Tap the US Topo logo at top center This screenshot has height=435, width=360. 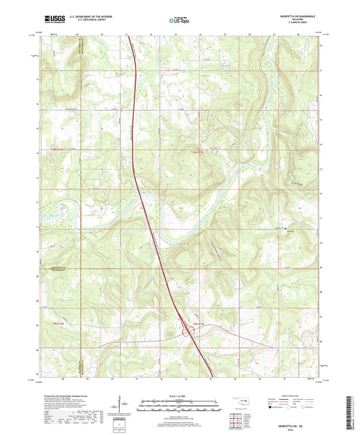point(178,21)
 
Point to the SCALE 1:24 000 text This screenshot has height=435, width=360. point(180,396)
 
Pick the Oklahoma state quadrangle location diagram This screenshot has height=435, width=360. point(240,403)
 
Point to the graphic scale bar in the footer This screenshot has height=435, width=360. point(179,405)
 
